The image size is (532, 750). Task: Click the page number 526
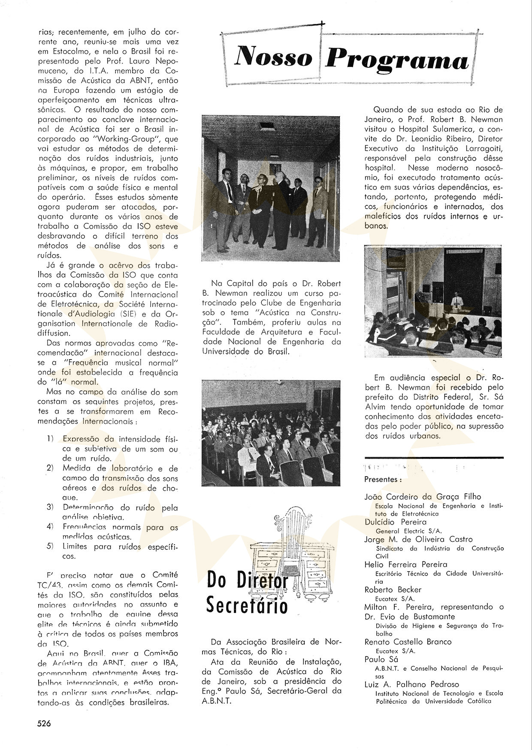[x=44, y=723]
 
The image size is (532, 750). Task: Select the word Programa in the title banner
[x=397, y=59]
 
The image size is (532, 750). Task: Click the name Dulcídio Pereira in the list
[x=395, y=522]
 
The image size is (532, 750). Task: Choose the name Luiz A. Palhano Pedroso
[x=411, y=684]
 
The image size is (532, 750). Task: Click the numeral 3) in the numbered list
[x=50, y=507]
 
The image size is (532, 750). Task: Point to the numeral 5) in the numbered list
[x=50, y=546]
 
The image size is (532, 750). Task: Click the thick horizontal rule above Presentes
[x=434, y=458]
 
